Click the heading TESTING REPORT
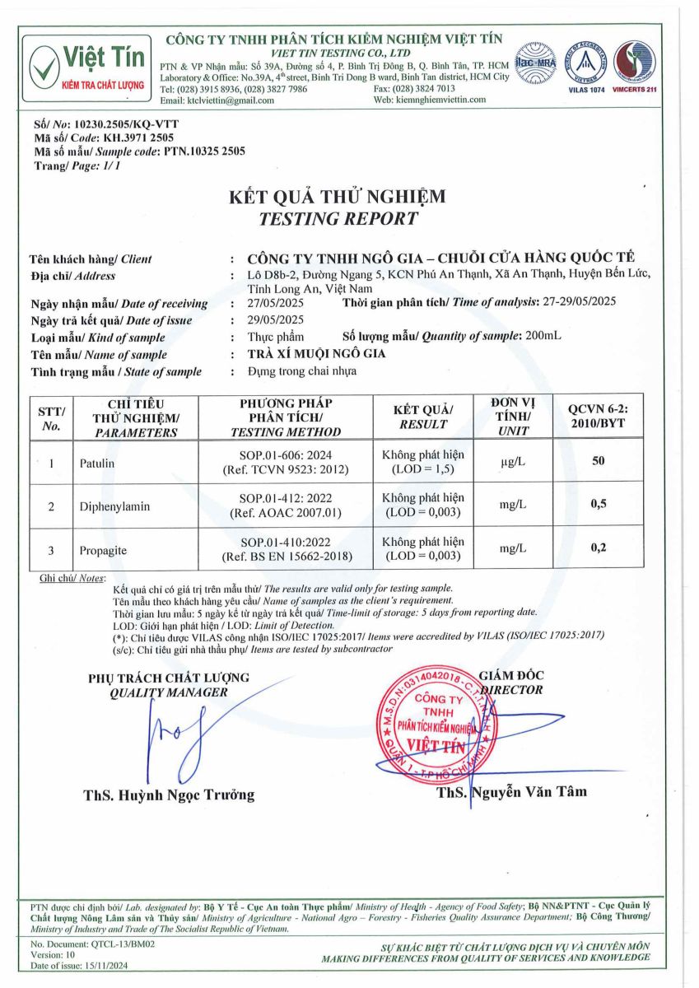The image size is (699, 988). [338, 219]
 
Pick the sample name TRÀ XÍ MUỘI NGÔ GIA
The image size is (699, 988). [317, 354]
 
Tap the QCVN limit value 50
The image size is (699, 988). [598, 461]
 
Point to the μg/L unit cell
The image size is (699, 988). [513, 464]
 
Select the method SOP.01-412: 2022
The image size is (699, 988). [287, 499]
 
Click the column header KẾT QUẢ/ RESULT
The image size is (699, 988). [422, 417]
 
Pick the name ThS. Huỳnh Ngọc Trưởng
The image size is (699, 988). [169, 795]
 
